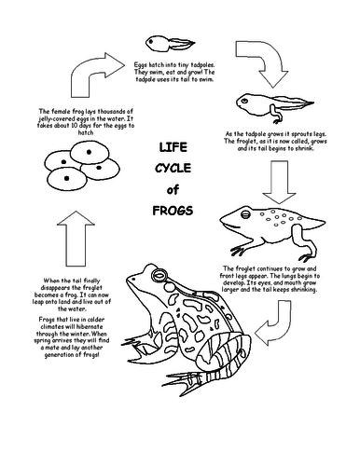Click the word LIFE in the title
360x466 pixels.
(x=173, y=147)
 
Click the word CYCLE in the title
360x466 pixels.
(x=173, y=169)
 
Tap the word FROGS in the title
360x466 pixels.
(x=173, y=211)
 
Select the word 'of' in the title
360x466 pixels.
(x=173, y=189)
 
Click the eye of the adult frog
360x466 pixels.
(x=159, y=275)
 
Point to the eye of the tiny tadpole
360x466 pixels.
(x=151, y=41)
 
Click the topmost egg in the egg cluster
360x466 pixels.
(x=90, y=152)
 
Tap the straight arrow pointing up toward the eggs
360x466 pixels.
(x=76, y=239)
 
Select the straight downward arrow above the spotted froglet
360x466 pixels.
(x=279, y=182)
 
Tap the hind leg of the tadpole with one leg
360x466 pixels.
(x=275, y=115)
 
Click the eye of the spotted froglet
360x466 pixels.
(x=245, y=213)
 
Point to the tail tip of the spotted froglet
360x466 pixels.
(x=325, y=222)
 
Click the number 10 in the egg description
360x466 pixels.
(x=74, y=126)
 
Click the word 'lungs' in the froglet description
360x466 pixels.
(x=290, y=276)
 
